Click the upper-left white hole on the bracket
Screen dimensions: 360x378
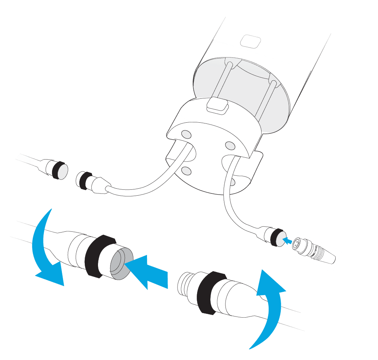pos(186,133)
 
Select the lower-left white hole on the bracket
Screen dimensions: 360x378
pos(186,171)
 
